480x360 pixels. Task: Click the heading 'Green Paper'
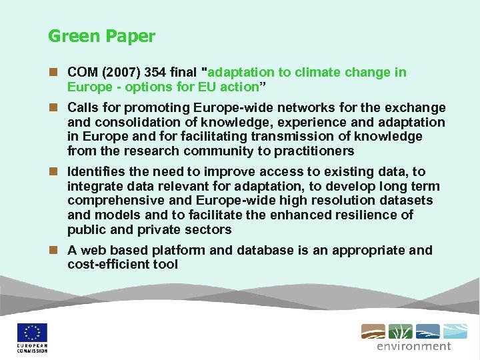[101, 36]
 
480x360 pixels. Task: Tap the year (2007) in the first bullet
[117, 73]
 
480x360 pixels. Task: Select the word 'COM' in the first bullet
[81, 73]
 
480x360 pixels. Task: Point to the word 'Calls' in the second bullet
[82, 108]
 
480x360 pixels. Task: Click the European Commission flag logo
[32, 333]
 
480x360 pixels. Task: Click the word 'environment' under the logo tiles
[414, 346]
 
